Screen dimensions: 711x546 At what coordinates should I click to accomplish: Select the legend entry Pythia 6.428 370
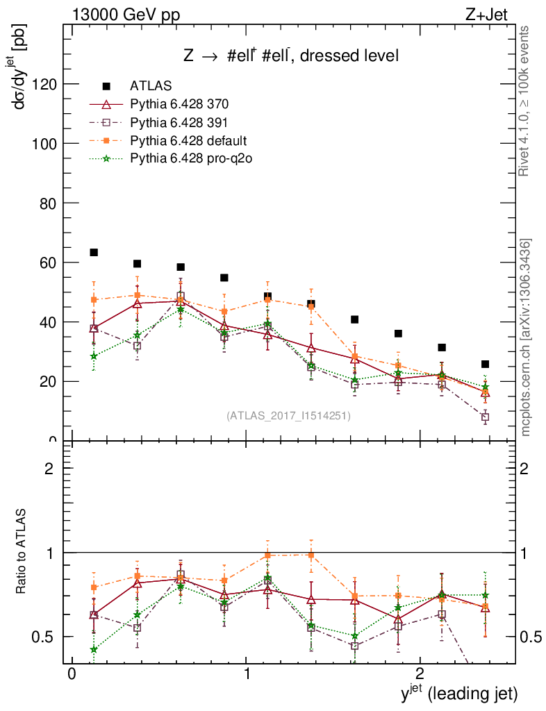pos(179,104)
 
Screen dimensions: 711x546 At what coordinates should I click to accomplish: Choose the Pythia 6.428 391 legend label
pos(179,122)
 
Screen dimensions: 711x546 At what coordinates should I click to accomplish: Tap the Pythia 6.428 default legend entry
pos(188,140)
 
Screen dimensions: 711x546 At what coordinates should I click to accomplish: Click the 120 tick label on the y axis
pos(45,84)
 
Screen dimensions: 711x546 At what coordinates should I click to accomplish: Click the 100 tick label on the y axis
pos(45,144)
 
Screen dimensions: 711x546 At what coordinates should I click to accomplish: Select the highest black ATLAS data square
pos(94,253)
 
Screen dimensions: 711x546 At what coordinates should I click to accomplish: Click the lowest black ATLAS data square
pos(485,364)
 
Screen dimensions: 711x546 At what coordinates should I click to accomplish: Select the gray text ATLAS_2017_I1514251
pos(288,416)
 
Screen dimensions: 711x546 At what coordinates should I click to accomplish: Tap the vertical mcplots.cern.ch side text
pos(526,337)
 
